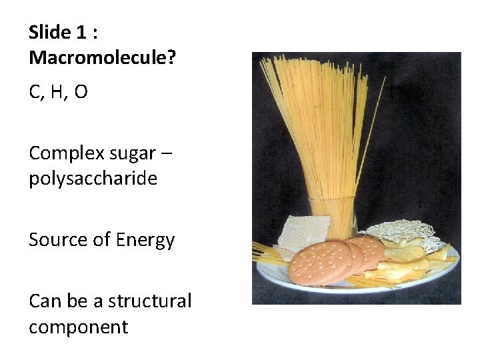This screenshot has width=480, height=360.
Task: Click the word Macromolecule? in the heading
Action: (x=102, y=58)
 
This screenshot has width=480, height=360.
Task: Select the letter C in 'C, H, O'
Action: (x=35, y=92)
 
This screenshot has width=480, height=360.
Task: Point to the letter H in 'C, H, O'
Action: (x=57, y=92)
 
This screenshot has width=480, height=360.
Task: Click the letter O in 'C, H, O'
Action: (x=80, y=92)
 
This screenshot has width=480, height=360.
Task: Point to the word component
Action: (x=78, y=327)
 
